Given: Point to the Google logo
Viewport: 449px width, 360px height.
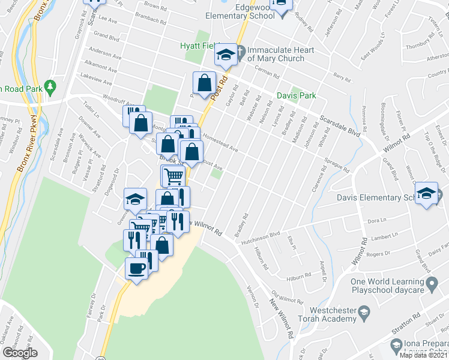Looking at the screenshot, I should [x=20, y=353].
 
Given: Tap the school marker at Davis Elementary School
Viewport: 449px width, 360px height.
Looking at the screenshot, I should [x=427, y=193].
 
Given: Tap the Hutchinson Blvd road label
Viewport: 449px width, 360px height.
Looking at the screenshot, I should [x=261, y=238].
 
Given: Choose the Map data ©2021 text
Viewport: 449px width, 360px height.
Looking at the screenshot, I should [x=424, y=355].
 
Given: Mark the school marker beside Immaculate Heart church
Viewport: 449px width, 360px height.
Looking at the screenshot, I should [x=226, y=55].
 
